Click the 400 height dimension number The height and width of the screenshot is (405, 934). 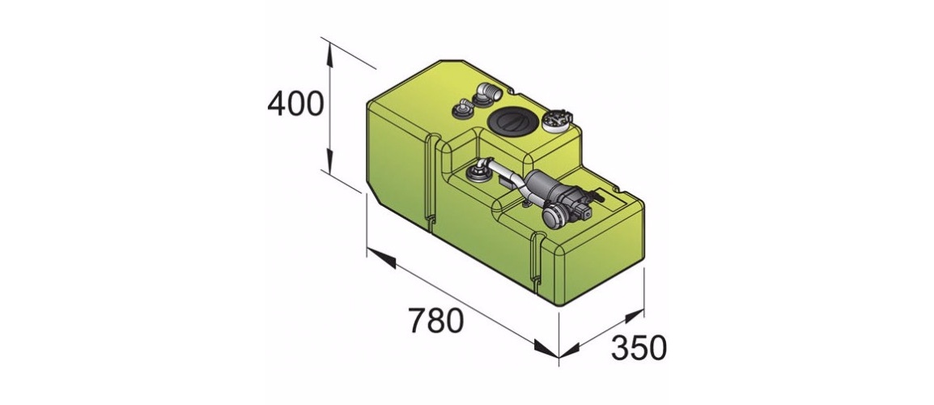pyautogui.click(x=295, y=104)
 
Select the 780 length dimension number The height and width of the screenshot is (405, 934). pyautogui.click(x=436, y=321)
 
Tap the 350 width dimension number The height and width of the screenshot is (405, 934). pyautogui.click(x=638, y=348)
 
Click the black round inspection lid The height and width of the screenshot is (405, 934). pyautogui.click(x=507, y=121)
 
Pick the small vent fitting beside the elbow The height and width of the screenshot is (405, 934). pyautogui.click(x=463, y=109)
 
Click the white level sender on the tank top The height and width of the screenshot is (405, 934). pyautogui.click(x=556, y=120)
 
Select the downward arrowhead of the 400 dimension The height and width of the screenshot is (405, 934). pyautogui.click(x=329, y=160)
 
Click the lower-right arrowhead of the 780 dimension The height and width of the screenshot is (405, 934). pyautogui.click(x=545, y=349)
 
